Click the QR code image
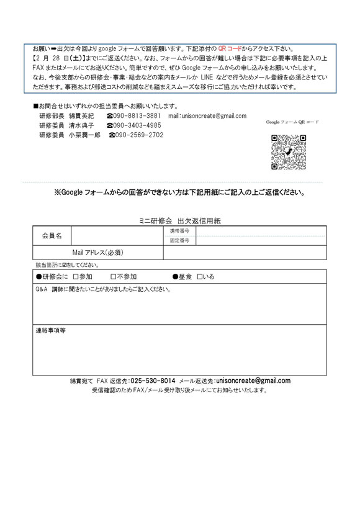click(288, 152)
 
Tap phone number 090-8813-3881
click(137, 116)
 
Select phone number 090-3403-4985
click(137, 125)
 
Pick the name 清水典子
click(81, 125)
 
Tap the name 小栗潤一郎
click(84, 135)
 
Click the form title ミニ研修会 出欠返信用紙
click(178, 220)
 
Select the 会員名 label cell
click(52, 236)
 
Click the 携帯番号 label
click(180, 231)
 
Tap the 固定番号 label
click(180, 240)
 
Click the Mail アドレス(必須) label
click(98, 252)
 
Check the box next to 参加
click(75, 277)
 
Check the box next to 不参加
click(113, 277)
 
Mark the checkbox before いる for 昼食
click(199, 277)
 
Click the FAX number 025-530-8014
click(151, 381)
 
